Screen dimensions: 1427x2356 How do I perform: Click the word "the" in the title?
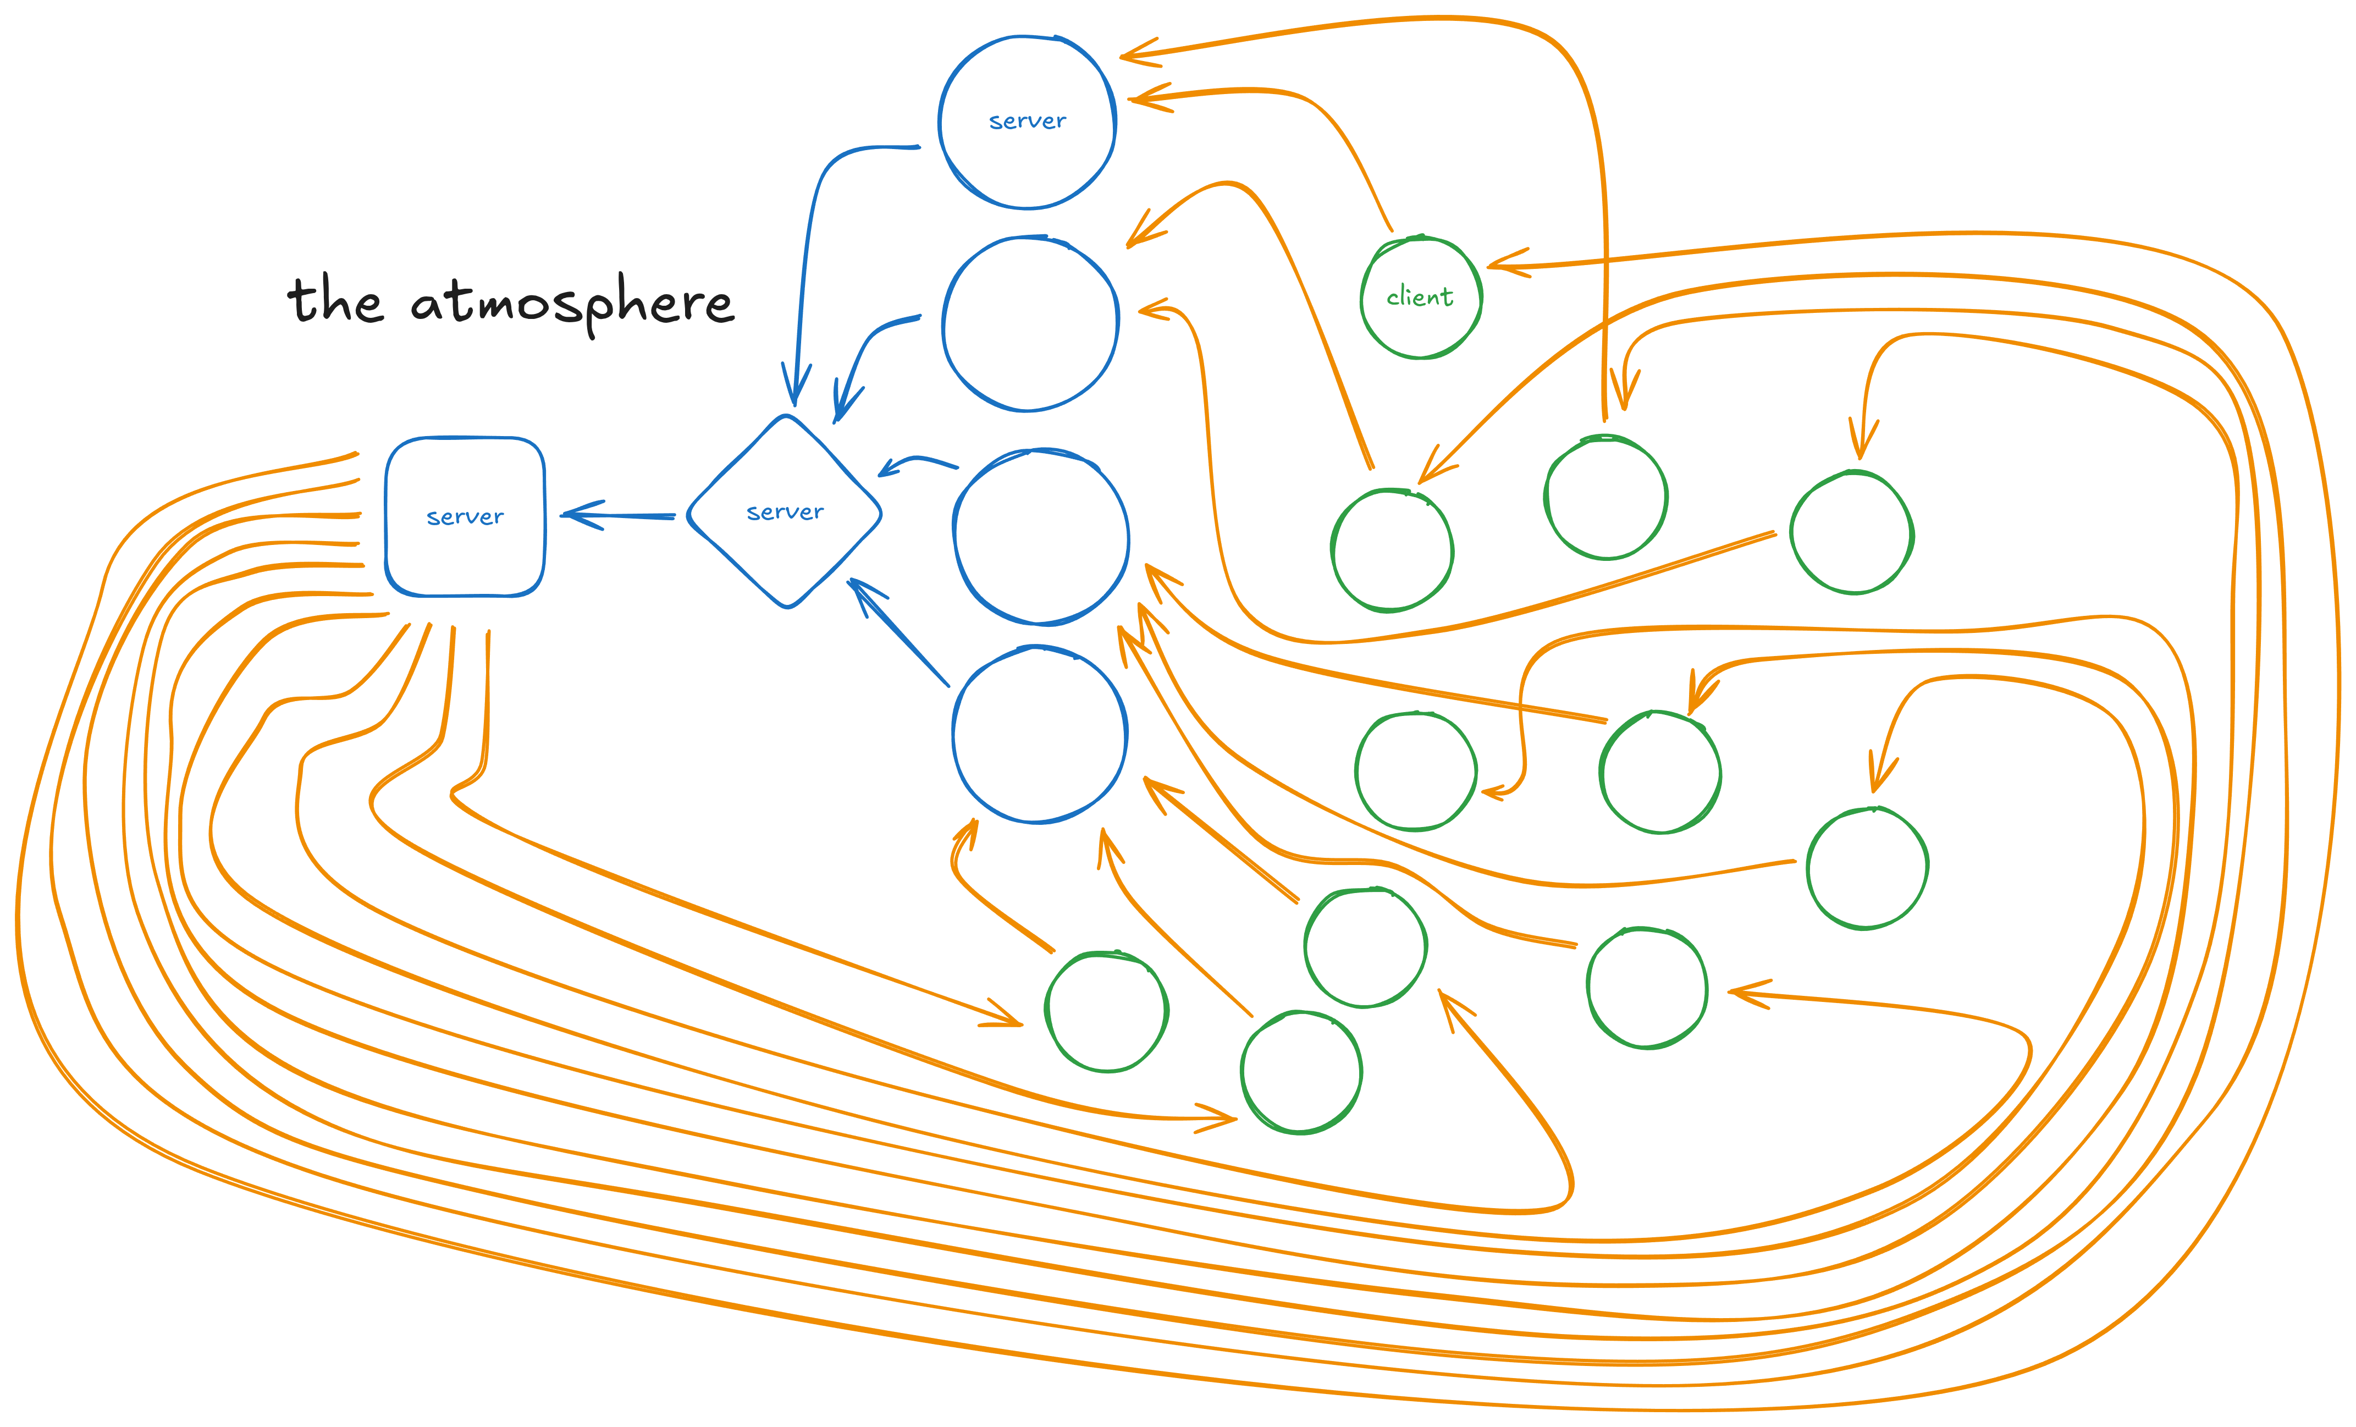[335, 301]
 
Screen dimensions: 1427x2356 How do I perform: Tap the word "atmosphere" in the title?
[572, 304]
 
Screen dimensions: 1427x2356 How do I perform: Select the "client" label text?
[1420, 297]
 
